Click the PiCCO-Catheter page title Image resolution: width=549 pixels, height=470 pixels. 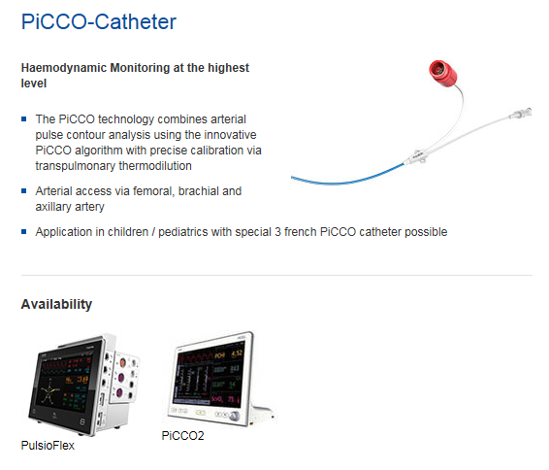[99, 21]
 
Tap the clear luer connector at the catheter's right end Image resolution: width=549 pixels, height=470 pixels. [521, 114]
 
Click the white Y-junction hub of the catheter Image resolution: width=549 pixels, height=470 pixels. [416, 157]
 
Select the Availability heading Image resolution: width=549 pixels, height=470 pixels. [56, 304]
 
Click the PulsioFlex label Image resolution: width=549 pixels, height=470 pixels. [48, 446]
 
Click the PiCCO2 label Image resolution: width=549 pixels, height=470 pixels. [182, 436]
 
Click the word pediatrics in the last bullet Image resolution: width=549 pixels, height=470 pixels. [183, 232]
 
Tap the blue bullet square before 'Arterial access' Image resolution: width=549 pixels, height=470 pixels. [24, 191]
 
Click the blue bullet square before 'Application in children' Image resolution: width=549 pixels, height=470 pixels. [24, 232]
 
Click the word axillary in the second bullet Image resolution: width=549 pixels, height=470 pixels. [53, 207]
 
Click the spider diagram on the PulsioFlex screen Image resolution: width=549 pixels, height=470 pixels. [50, 390]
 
